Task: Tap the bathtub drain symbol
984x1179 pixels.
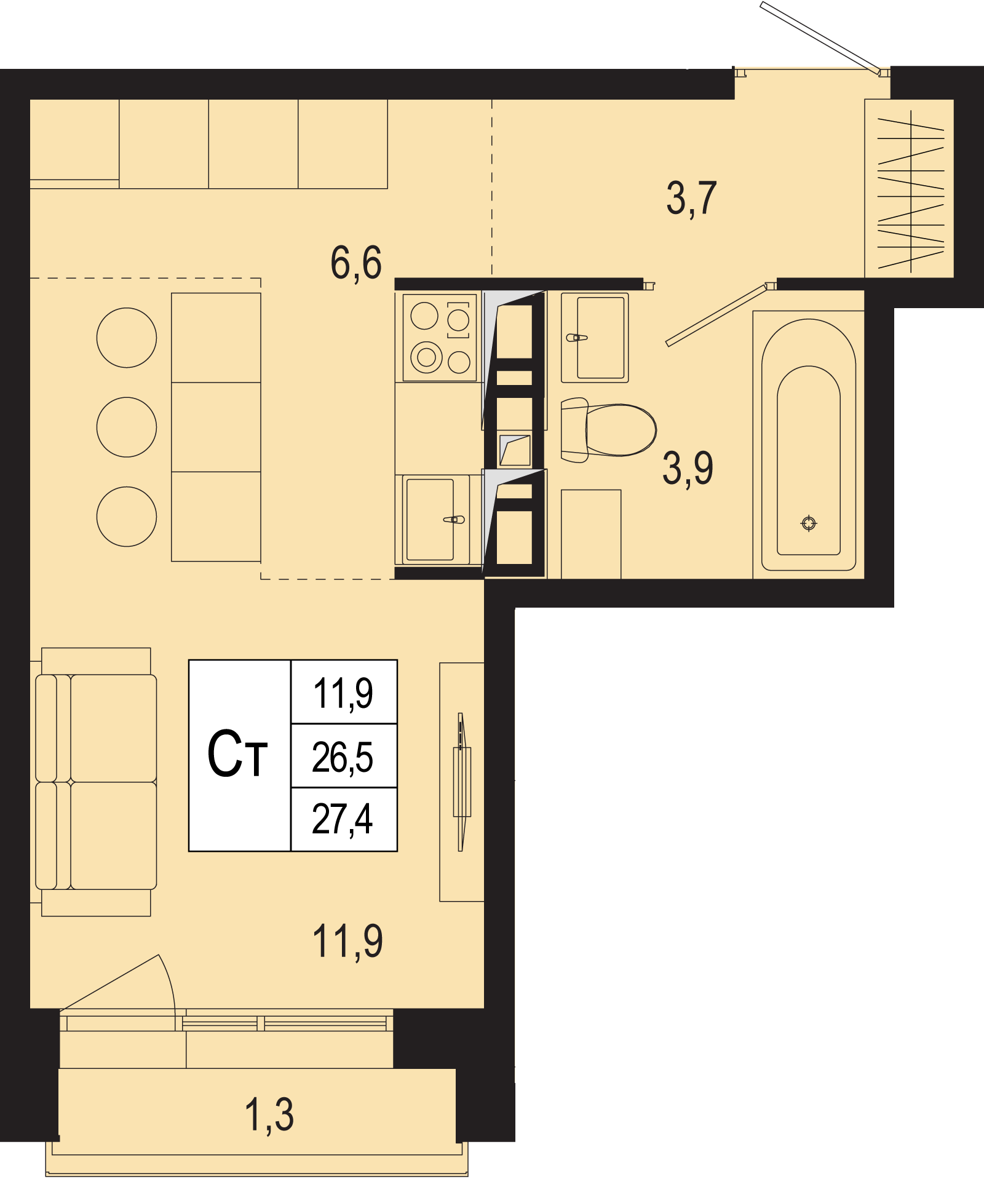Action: [x=809, y=523]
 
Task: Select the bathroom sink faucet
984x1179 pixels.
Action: [x=577, y=338]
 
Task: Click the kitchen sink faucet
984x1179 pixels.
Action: [x=454, y=520]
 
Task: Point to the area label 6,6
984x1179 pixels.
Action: [x=356, y=263]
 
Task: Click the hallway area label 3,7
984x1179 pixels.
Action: [x=691, y=198]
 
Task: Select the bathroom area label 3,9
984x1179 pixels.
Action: [x=688, y=468]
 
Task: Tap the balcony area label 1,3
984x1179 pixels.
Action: [x=269, y=1115]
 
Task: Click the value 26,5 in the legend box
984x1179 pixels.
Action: [x=343, y=757]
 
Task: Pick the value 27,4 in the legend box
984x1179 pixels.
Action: [x=343, y=819]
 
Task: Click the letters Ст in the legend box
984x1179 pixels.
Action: [x=237, y=754]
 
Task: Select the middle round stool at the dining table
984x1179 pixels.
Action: [x=127, y=427]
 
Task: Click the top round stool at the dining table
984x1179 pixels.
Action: [x=127, y=338]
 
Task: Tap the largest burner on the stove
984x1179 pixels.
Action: [x=427, y=357]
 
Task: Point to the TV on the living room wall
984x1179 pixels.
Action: [x=461, y=782]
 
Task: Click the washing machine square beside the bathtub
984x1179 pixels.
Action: [x=591, y=534]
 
